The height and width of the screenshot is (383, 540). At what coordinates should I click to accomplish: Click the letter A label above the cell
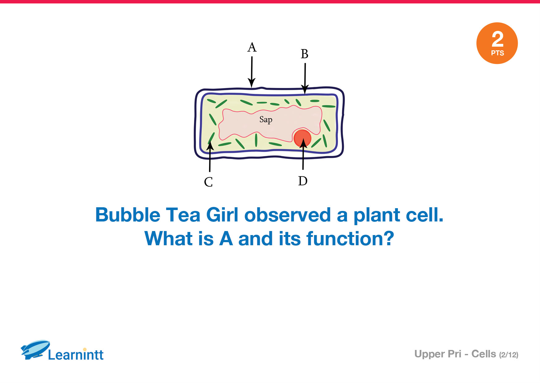point(252,47)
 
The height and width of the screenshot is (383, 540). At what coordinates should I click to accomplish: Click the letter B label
point(305,54)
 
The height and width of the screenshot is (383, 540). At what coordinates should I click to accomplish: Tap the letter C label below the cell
point(209,182)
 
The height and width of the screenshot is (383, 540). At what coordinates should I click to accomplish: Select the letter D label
point(303,181)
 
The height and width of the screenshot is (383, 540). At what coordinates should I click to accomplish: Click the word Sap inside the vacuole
point(266,120)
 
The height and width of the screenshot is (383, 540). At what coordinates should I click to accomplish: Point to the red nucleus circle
point(302,138)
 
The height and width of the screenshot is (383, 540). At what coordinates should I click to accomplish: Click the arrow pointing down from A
point(252,72)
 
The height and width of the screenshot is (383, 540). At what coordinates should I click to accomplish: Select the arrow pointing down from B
point(305,78)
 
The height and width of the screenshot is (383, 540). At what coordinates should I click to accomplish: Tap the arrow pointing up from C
point(210,156)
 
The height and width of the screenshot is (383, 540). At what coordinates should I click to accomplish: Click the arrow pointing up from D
point(303,154)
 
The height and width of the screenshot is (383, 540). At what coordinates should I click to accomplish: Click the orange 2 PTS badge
point(497,43)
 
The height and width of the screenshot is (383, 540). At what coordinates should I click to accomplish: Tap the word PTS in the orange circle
point(497,53)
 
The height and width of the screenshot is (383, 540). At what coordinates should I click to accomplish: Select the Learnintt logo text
point(76,355)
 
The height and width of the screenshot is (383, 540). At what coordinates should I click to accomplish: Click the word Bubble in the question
point(128,215)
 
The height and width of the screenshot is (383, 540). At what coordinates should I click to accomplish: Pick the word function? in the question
point(350,238)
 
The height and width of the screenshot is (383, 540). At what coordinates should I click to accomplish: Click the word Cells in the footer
point(483,354)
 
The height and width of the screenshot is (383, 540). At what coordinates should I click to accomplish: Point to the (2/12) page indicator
point(508,355)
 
